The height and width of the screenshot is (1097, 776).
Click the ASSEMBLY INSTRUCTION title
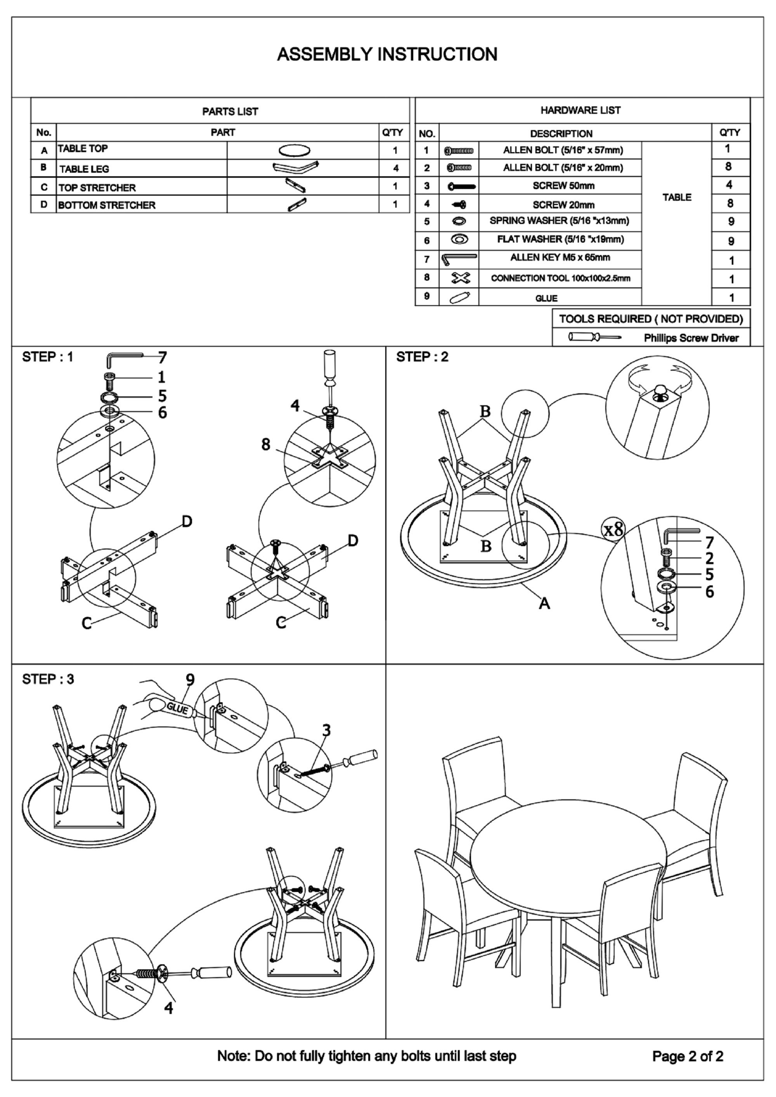(x=387, y=54)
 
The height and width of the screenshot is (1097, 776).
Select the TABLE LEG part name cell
(x=84, y=169)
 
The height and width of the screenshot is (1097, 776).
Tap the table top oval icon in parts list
(x=294, y=150)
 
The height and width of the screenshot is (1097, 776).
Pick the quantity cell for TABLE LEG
(x=395, y=168)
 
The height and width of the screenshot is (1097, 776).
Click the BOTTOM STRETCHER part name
(x=107, y=205)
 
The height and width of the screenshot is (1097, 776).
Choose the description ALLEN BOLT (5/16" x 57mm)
(x=563, y=151)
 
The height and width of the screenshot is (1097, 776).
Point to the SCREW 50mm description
(x=563, y=186)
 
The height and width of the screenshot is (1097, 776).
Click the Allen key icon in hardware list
(x=458, y=259)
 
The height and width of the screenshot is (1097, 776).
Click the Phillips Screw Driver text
(x=691, y=338)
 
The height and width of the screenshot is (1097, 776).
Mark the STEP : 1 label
(x=48, y=357)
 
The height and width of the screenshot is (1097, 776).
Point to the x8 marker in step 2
(x=613, y=529)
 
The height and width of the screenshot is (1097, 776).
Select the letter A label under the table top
(x=544, y=604)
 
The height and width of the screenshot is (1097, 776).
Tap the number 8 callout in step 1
(x=266, y=444)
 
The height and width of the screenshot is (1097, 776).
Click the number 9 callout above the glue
(x=190, y=680)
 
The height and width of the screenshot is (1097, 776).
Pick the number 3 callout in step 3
(x=326, y=731)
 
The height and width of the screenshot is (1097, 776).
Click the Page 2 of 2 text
(x=688, y=1056)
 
